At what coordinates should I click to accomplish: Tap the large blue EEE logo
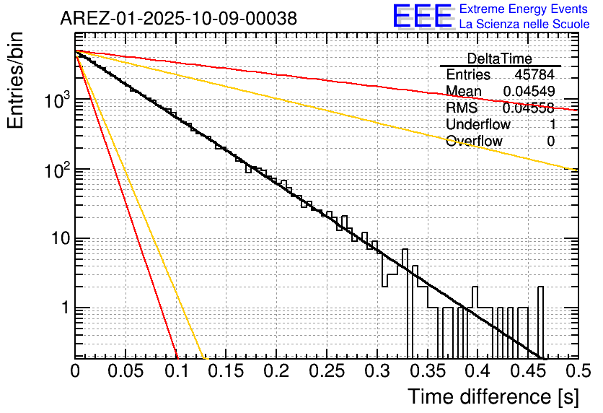pos(422,17)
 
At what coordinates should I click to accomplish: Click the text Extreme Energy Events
pos(524,9)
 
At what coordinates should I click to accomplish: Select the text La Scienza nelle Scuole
pos(524,25)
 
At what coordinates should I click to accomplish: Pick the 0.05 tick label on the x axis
pos(126,372)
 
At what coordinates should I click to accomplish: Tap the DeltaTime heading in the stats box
pos(499,58)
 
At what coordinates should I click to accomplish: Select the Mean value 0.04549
pos(529,92)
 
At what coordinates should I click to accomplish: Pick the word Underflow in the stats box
pos(478,124)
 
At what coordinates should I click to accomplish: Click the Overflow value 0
pos(550,141)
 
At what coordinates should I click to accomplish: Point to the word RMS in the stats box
pos(462,108)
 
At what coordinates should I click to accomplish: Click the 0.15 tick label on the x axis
pos(226,372)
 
